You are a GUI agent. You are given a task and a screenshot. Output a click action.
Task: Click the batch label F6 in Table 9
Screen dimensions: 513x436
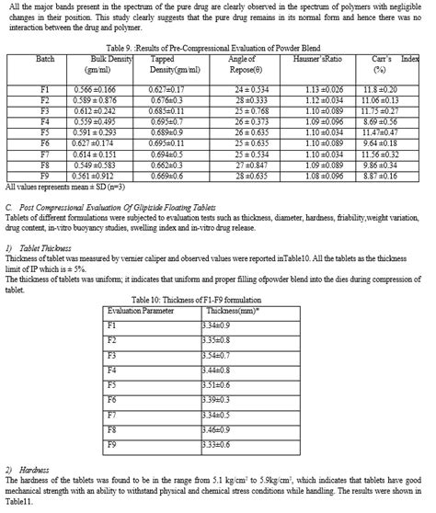pyautogui.click(x=44, y=143)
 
